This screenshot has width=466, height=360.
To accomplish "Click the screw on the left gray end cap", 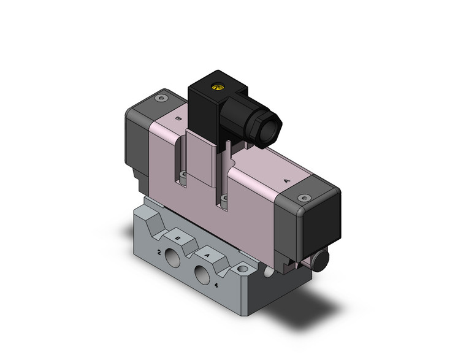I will tap(161, 99).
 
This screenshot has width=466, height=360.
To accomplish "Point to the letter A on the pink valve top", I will tap(288, 181).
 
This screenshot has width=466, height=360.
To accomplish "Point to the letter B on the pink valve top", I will tap(178, 120).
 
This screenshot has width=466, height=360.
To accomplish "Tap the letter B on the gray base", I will tap(177, 239).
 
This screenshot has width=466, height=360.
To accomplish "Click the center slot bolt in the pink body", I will tap(224, 197).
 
